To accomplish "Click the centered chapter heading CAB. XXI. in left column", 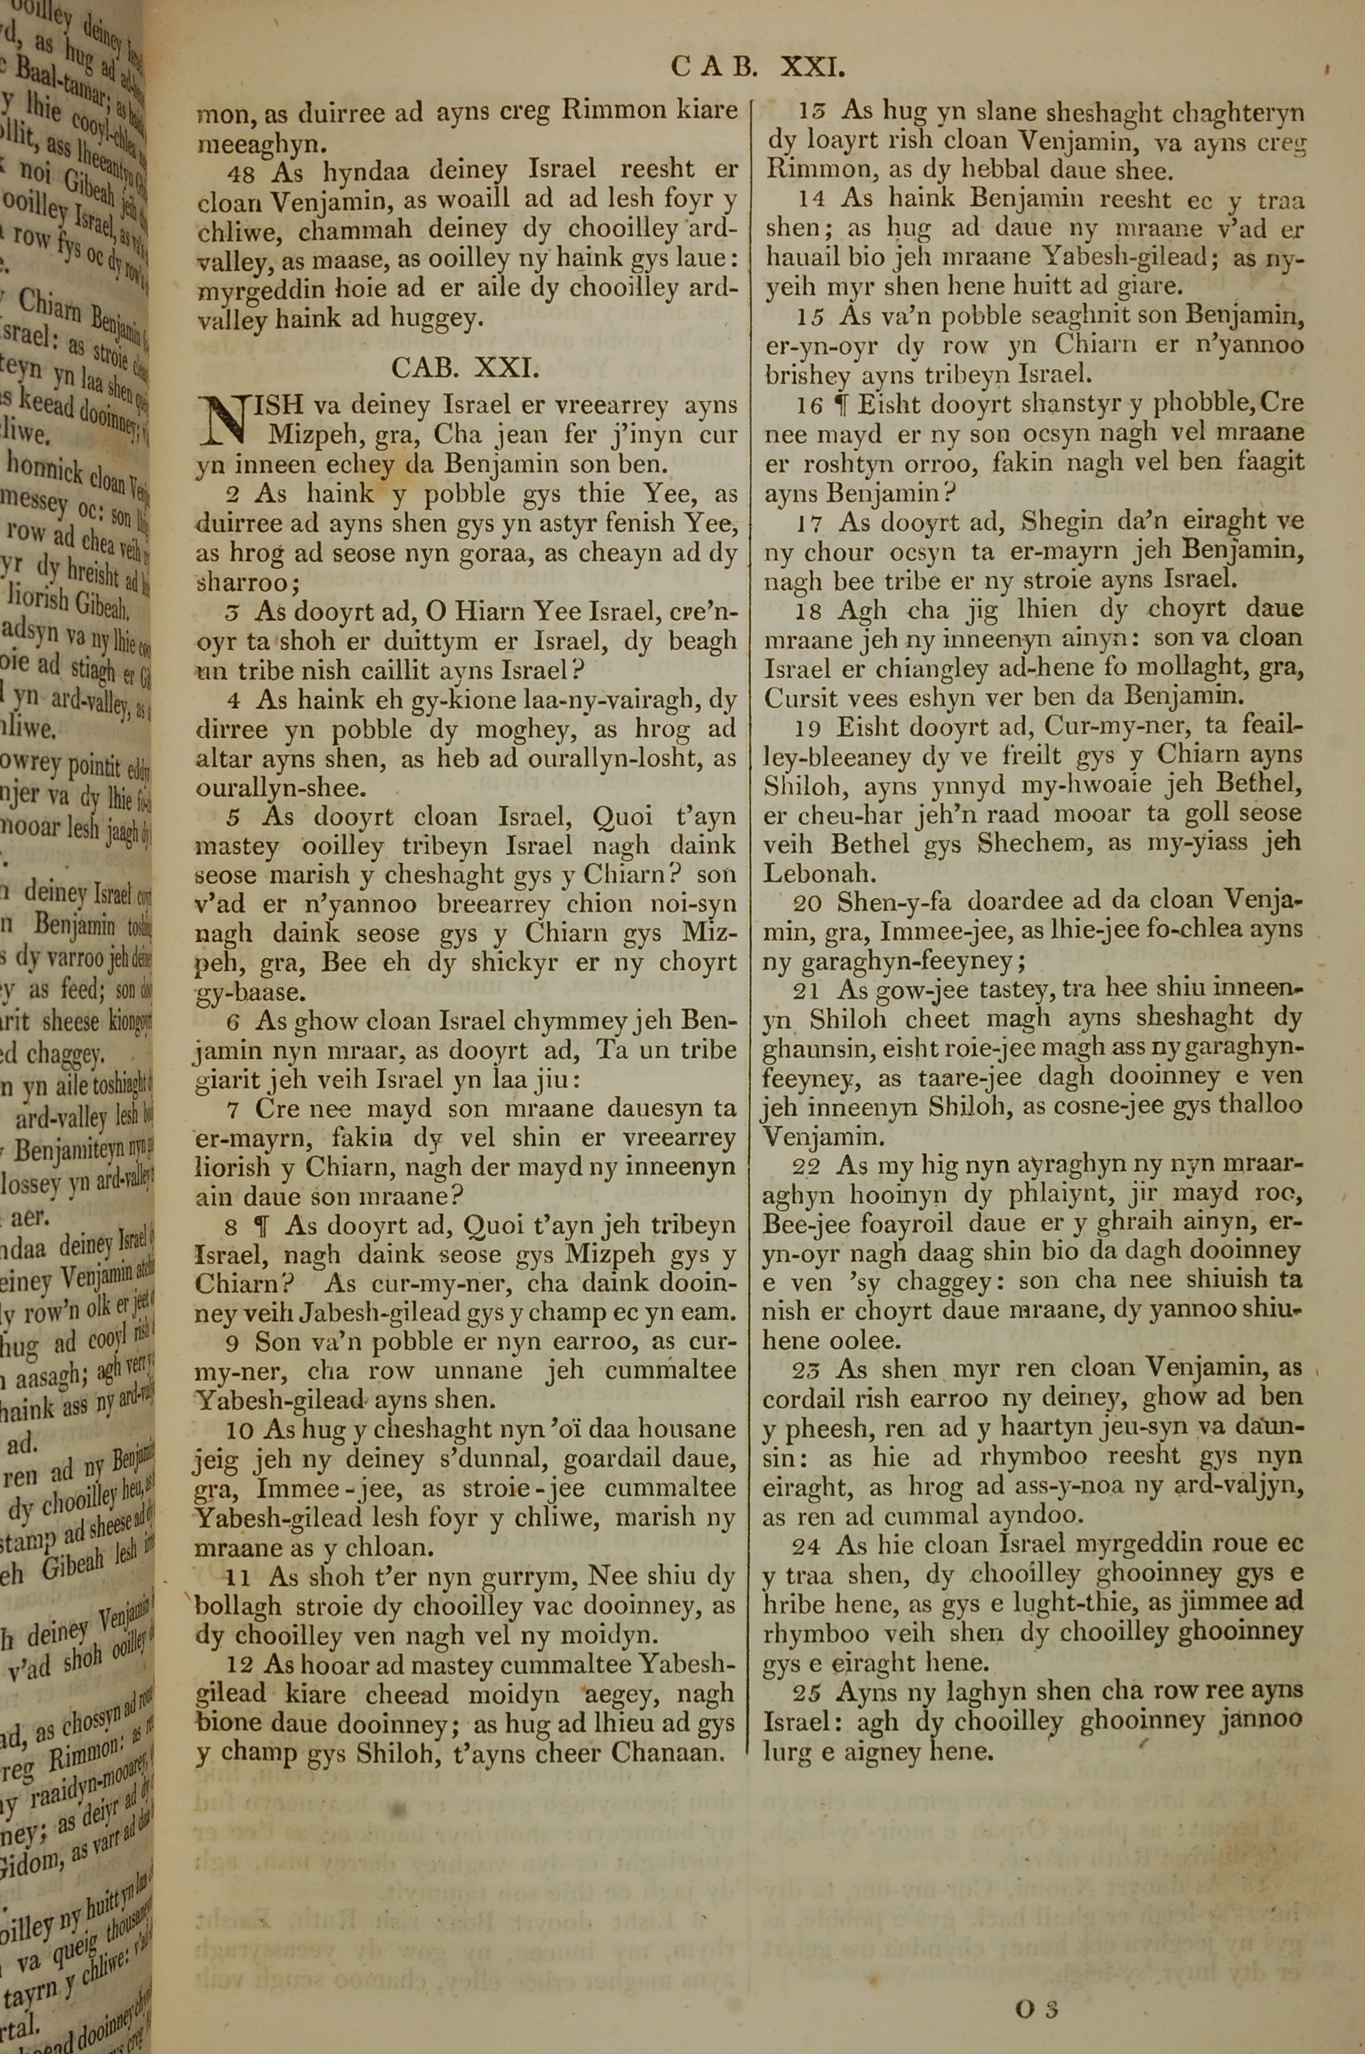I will pyautogui.click(x=465, y=367).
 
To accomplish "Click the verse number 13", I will pyautogui.click(x=812, y=111).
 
